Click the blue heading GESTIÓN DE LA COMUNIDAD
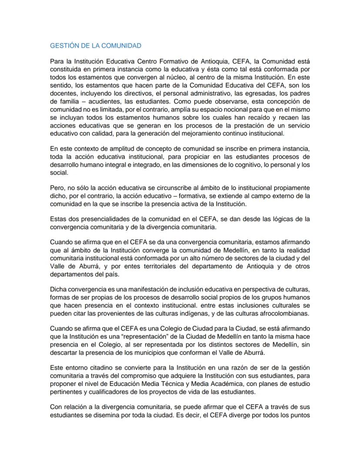tap(96, 45)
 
